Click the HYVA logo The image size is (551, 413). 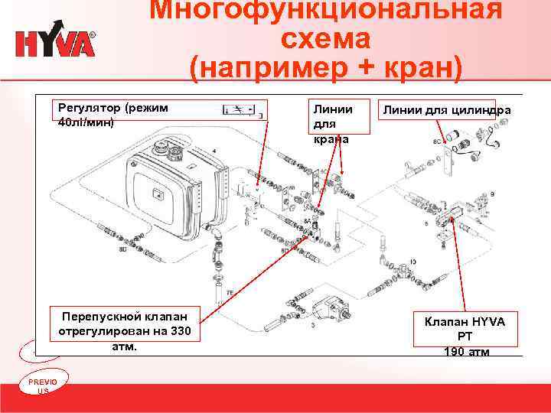pos(56,43)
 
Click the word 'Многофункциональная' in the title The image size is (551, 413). pos(325,11)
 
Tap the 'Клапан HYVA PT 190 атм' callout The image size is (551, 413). pos(465,335)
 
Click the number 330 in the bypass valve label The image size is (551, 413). pos(181,330)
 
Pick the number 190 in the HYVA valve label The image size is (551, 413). pos(453,351)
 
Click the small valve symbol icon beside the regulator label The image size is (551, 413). pos(242,110)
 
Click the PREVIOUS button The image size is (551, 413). pos(37,385)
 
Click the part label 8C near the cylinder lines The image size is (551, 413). pos(437,142)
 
